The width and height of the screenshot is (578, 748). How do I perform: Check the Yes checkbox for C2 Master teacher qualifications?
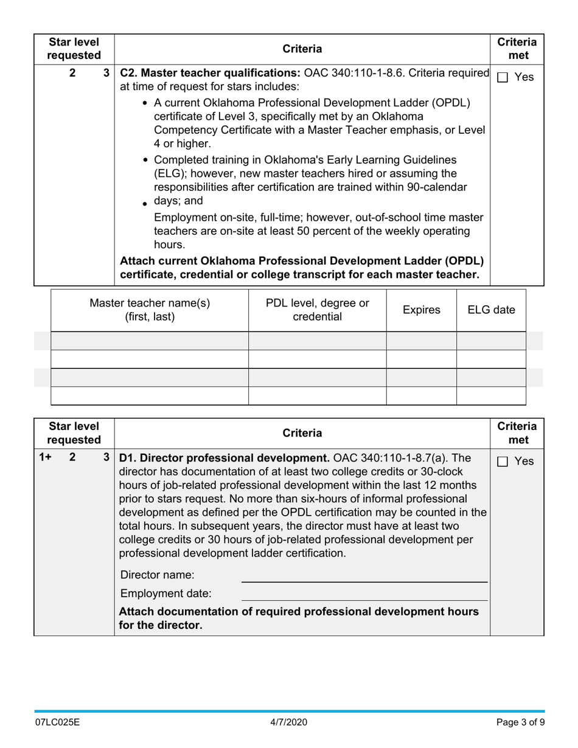(x=503, y=77)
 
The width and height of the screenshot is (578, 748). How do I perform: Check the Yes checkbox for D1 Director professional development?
(x=503, y=462)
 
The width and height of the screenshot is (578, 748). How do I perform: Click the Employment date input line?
(x=364, y=594)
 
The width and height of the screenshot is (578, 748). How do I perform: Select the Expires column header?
(x=421, y=310)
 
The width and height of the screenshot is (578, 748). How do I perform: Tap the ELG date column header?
(x=491, y=310)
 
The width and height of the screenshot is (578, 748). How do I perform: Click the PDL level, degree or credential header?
(x=317, y=310)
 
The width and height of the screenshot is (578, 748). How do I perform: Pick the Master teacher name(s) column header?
(x=150, y=310)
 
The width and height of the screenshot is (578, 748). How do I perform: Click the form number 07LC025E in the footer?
(x=57, y=722)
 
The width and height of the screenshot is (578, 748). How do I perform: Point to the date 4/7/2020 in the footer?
(x=289, y=722)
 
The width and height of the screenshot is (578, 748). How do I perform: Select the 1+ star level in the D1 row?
(x=45, y=457)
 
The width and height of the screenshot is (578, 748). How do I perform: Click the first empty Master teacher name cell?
(x=150, y=341)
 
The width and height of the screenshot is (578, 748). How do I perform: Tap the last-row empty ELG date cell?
(x=491, y=396)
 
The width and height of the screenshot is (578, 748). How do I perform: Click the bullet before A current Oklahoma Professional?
(x=145, y=103)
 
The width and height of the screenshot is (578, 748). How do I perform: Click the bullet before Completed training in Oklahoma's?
(x=145, y=161)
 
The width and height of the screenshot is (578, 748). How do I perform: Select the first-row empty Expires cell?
(x=421, y=341)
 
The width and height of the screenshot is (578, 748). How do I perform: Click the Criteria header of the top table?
(x=302, y=49)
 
